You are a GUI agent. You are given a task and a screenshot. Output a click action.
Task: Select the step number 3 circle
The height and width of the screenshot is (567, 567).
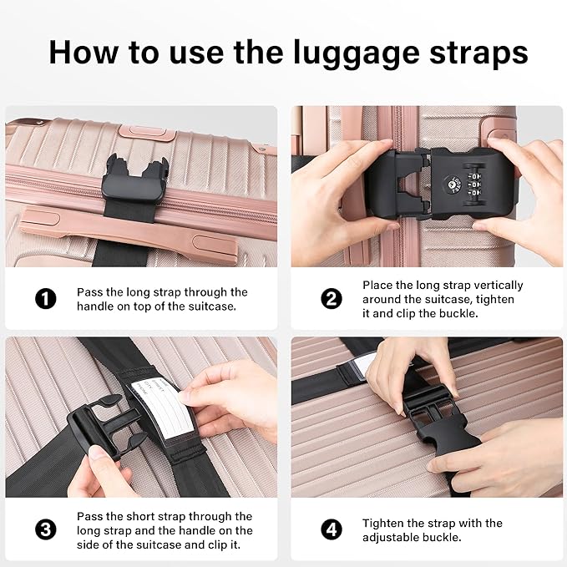45,529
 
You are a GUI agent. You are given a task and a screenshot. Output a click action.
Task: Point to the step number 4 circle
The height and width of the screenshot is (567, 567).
332,529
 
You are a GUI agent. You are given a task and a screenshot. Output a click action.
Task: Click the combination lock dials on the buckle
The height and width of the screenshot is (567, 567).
475,185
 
